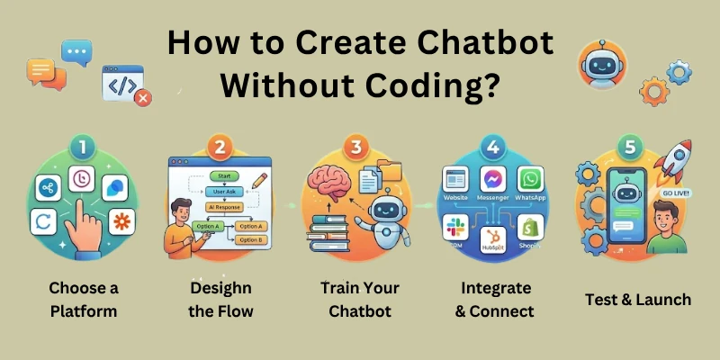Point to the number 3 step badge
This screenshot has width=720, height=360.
coord(358,146)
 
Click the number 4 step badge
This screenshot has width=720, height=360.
coord(492,146)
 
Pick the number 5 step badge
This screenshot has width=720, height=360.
coord(630,146)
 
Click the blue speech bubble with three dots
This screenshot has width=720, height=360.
coord(76,53)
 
